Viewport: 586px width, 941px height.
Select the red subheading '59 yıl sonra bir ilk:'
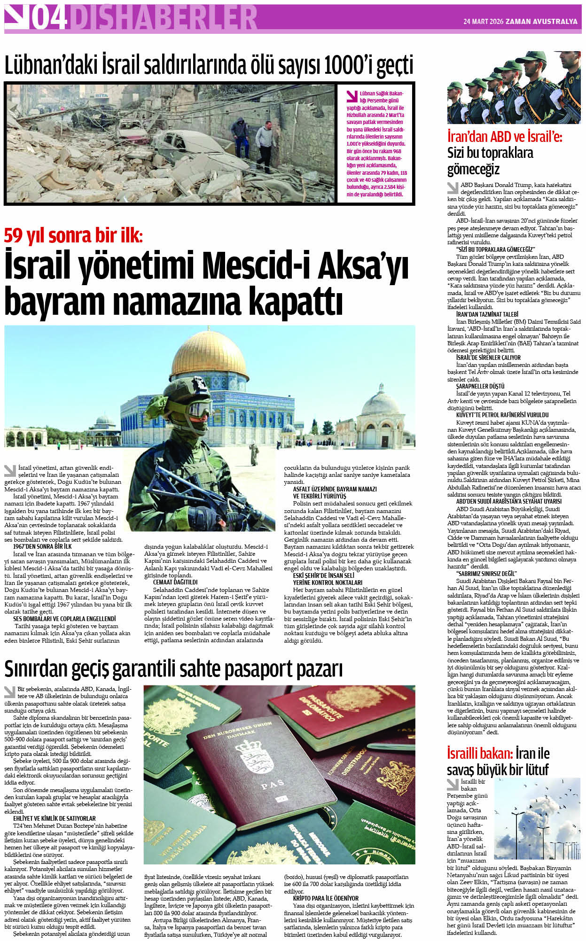(x=73, y=235)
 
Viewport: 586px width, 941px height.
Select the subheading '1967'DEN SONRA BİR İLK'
(x=42, y=547)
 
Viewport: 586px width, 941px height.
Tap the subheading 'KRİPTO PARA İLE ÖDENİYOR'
(x=325, y=898)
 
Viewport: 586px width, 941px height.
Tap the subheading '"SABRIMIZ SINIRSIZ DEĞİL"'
(x=486, y=574)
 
